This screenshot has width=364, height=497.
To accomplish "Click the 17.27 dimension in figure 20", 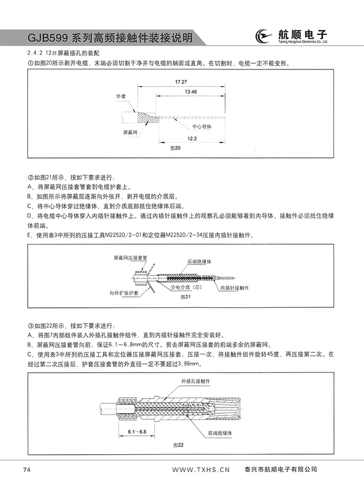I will pos(181,83).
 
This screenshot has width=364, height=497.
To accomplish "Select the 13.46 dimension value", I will pos(190,92).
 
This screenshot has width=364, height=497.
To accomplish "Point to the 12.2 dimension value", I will pos(193,138).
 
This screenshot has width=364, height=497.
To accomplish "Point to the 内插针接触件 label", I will pos(234,288).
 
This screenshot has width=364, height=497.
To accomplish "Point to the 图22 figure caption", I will pos(179,444).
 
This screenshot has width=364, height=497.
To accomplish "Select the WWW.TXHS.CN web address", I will pos(202,469).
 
